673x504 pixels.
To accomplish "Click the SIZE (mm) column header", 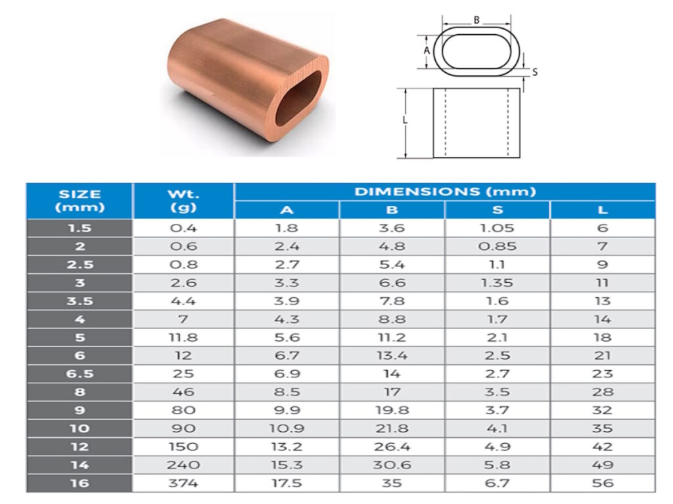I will coord(80,201).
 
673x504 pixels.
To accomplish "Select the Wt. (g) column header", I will coord(183,201).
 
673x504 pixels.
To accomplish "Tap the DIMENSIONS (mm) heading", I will coord(445,192).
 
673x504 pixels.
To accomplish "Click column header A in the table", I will coord(287,211).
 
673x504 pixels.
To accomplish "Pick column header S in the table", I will coord(498,211).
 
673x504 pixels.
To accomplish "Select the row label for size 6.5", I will coord(80,373).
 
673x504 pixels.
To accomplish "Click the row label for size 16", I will coord(80,482).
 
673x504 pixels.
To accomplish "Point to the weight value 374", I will coord(183,482).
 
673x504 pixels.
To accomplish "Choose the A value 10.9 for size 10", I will coord(287,428).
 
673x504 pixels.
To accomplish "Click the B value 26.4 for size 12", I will coord(392,446).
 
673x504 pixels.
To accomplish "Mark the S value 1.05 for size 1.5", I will coord(498,228).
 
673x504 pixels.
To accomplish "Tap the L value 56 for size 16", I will coord(603,482).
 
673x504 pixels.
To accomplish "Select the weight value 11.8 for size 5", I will coord(183,337).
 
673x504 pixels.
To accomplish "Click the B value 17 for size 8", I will coord(392,392).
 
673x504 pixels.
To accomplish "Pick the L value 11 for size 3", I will coord(603,283).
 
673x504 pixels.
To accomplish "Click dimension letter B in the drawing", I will coord(476,20).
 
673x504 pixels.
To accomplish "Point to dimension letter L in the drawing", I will coord(405,121).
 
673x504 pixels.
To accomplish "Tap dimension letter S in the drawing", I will coord(534,72).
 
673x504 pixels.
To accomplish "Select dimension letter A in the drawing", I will coord(427,50).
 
